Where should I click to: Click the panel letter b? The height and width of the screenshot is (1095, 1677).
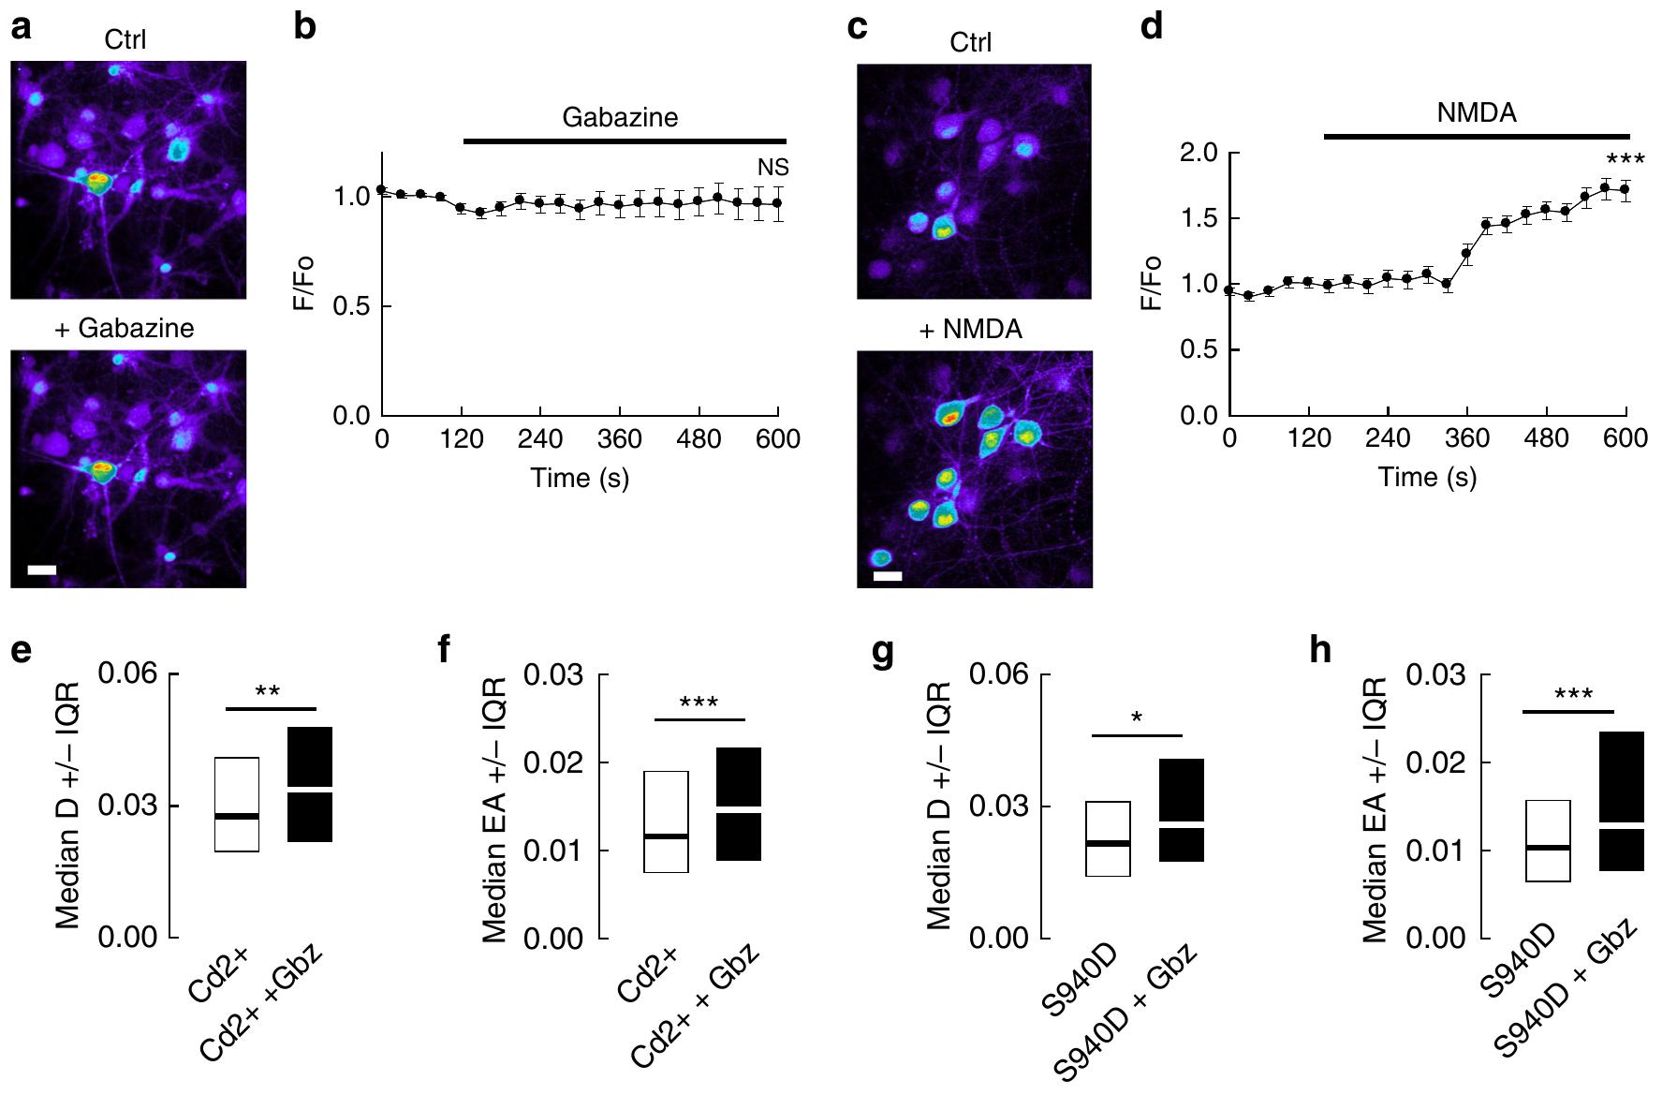coord(305,27)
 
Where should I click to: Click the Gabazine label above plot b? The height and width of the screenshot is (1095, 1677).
coord(620,118)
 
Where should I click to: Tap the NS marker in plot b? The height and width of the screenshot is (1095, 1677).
coord(773,169)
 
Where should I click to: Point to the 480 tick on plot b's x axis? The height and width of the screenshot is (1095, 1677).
coord(698,439)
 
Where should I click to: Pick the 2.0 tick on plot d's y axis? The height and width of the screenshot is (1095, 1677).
coord(1195,153)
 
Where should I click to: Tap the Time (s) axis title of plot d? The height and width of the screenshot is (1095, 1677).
coord(1427,478)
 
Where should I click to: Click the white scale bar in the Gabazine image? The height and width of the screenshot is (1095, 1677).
coord(42,569)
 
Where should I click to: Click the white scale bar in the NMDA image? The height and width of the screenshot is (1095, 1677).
coord(888,576)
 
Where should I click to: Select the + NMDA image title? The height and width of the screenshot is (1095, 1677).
coord(971,330)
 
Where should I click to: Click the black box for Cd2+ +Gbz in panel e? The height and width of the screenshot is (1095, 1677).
coord(310,784)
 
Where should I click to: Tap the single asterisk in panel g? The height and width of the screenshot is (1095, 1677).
coord(1137,718)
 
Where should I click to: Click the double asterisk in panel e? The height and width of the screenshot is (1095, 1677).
coord(268,692)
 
